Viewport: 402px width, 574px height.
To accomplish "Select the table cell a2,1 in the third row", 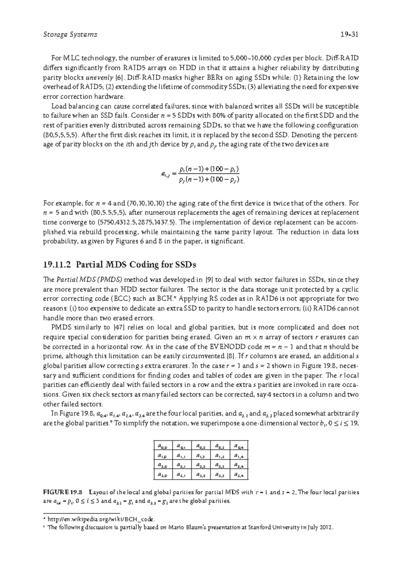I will coord(182,465).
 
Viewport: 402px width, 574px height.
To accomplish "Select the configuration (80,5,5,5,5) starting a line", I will coord(61,135).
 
